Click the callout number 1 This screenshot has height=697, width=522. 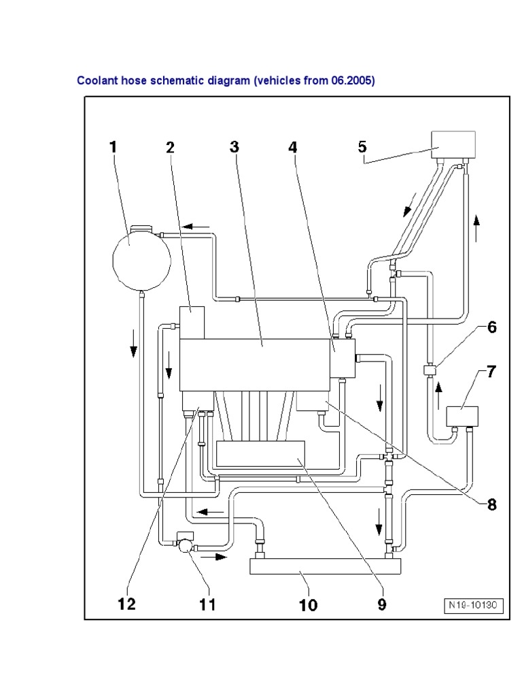(x=113, y=147)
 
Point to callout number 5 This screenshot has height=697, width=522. (x=362, y=147)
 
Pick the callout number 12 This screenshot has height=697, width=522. (x=126, y=603)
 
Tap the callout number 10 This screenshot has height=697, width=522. (x=307, y=605)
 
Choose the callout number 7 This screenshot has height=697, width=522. (x=491, y=372)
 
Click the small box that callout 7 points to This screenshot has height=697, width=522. (x=462, y=415)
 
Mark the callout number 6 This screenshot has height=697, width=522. (x=491, y=327)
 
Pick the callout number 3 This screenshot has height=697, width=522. (x=234, y=147)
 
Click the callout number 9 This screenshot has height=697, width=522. (x=382, y=604)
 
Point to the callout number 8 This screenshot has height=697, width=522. (x=490, y=504)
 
